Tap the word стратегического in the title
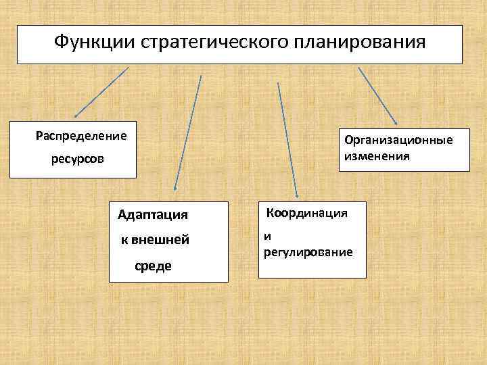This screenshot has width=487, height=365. pos(214,43)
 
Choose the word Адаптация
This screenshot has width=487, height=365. pos(152,216)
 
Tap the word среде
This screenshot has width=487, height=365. pos(153,266)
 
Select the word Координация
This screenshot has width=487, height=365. pos(307,213)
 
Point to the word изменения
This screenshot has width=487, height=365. pos(377,156)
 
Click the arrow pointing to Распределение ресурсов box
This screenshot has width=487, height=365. pos(101,92)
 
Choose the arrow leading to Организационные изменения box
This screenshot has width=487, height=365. pos(377,95)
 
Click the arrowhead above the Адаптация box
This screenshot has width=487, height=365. pos(175,189)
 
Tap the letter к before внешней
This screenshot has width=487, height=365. pos(123,241)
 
